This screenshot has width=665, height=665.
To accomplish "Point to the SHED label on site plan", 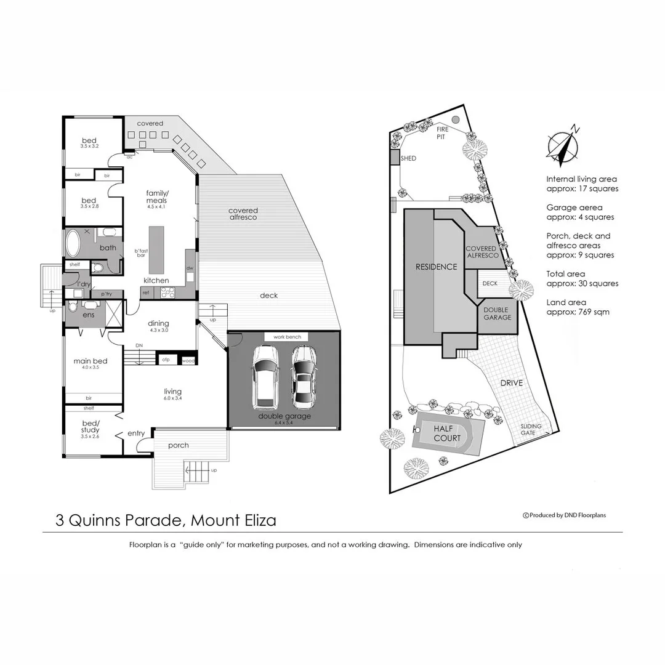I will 408,158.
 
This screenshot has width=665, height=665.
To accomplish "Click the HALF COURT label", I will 447,433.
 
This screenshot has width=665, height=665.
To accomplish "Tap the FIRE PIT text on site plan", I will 443,133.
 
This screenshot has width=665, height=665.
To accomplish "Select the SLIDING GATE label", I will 531,429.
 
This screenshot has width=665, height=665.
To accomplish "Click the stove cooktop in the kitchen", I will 168,293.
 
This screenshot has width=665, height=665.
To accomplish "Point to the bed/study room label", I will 90,426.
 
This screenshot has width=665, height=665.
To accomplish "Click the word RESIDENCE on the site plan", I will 437,267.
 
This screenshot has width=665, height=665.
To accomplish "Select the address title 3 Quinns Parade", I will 166,520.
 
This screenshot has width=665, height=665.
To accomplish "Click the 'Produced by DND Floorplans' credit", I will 564,515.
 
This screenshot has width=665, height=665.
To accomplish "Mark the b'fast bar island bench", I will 156,250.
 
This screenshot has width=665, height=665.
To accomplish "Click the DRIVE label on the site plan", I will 511,383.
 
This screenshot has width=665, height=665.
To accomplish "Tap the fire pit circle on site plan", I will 455,119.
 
